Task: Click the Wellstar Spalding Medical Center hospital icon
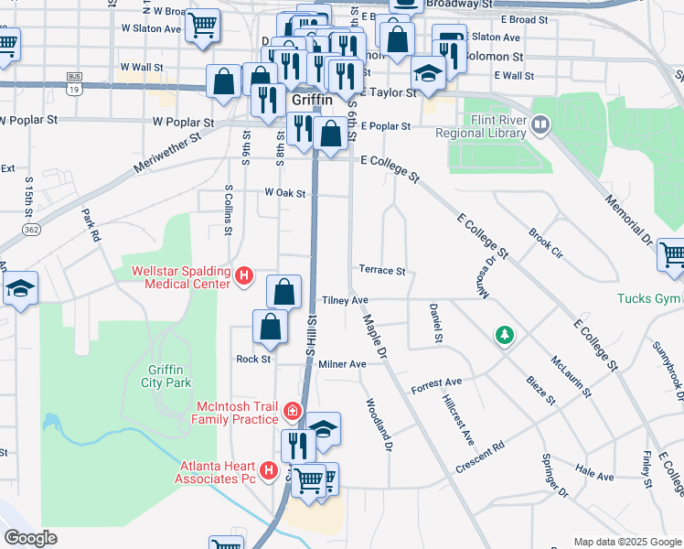pos(243,275)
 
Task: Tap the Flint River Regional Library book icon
pos(540,124)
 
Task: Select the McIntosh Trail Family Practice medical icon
pos(292,412)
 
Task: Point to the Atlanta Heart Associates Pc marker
pos(269,470)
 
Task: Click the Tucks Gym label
pos(649,298)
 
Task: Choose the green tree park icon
pos(503,336)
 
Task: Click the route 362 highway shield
pos(32,229)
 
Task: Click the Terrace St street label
pos(382,271)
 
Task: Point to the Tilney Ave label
pos(345,300)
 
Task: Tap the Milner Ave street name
pos(342,364)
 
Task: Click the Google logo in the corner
pos(30,538)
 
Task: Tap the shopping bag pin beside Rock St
pos(271,327)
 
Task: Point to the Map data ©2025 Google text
pos(626,542)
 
